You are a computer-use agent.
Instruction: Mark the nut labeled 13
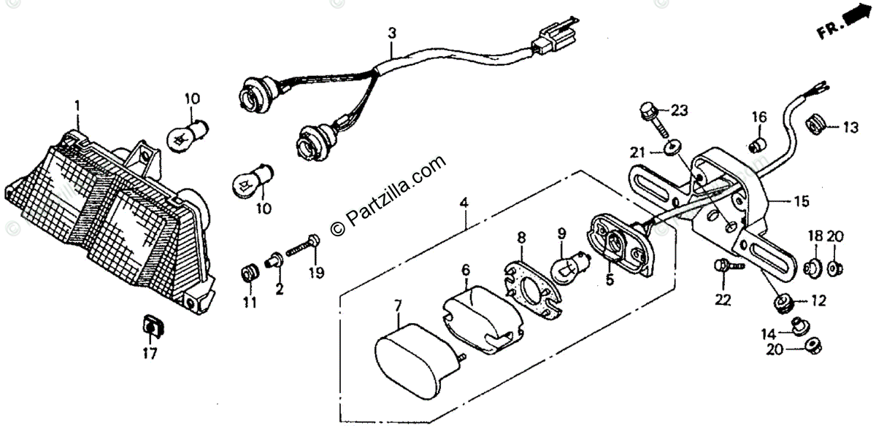point(816,126)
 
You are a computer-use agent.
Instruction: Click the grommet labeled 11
point(249,275)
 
